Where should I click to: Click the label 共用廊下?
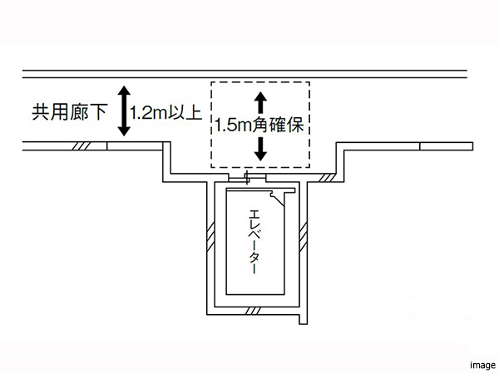point(69,112)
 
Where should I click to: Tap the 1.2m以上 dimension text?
point(166,112)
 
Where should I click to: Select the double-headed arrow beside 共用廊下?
point(124,111)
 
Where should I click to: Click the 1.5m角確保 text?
point(259,125)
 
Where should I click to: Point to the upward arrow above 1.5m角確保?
point(260,102)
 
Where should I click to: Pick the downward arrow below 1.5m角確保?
point(260,149)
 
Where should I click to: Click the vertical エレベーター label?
point(254,241)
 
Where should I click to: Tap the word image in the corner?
point(482,365)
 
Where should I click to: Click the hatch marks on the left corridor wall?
point(82,146)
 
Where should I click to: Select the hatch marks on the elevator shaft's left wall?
point(210,237)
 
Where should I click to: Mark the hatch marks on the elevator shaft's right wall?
point(304,237)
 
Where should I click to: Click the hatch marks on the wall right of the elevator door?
point(327,178)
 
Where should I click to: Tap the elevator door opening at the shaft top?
point(247,178)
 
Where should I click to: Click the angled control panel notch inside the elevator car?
point(277,199)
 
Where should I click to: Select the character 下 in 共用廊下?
point(97,112)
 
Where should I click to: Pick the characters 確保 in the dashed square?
point(286,125)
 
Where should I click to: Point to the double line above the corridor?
point(245,74)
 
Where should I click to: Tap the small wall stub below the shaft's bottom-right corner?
point(304,319)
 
